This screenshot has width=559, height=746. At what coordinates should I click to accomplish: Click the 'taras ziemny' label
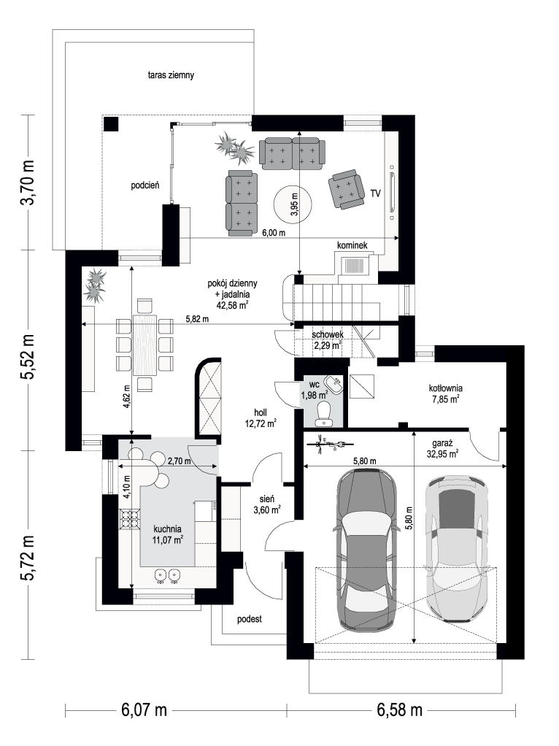pos(171,75)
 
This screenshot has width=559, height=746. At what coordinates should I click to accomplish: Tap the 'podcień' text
pos(145,185)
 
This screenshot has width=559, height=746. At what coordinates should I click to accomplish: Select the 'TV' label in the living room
pos(375,193)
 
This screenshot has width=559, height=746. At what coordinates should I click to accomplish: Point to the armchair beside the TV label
pos(345,189)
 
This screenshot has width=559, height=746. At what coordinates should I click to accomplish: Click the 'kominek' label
pos(352,245)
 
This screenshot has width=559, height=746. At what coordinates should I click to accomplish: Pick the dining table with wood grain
pos(145,345)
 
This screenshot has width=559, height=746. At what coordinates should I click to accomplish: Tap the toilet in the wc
pos(325,413)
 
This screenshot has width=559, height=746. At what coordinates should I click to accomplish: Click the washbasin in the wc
pos(335,383)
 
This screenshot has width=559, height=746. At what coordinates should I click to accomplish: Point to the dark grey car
pos(366,549)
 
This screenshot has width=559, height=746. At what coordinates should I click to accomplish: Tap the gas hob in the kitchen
pos(129,520)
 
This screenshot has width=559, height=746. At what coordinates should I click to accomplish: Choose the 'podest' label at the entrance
pos(250,620)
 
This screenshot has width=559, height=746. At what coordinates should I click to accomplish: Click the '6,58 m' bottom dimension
pos(400,710)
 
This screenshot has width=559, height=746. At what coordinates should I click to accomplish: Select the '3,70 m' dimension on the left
pos(28,182)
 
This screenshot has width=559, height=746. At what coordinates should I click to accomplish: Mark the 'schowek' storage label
pos(328,335)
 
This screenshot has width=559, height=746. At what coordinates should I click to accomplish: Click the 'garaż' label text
pos(437,442)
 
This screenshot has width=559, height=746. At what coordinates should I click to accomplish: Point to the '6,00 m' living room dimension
pos(274,233)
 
